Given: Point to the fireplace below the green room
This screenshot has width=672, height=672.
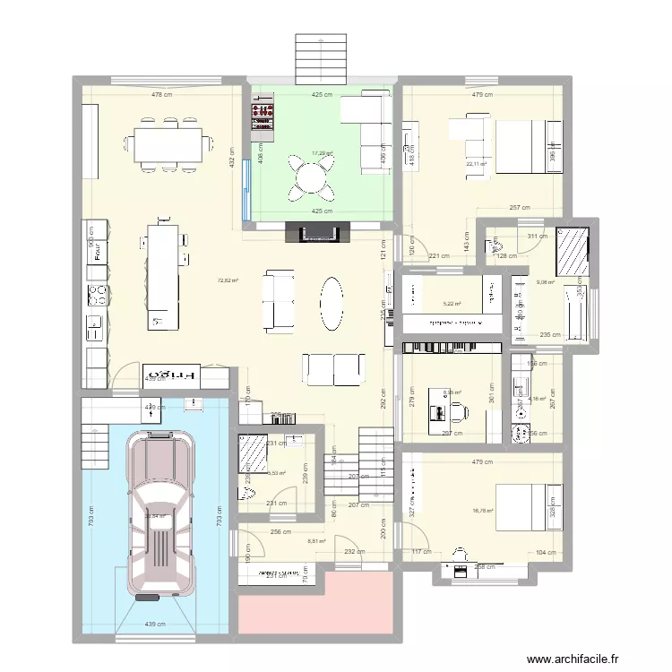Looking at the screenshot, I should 313,233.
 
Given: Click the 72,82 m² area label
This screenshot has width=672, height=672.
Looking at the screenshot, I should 228,280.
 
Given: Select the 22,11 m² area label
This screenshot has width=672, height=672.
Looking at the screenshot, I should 477,164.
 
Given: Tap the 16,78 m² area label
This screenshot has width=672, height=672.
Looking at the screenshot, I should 483,511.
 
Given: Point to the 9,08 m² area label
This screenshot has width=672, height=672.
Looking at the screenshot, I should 546,283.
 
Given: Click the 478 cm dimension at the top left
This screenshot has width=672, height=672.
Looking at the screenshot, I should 161,94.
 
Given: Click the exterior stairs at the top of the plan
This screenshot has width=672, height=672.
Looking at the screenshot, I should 320,58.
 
